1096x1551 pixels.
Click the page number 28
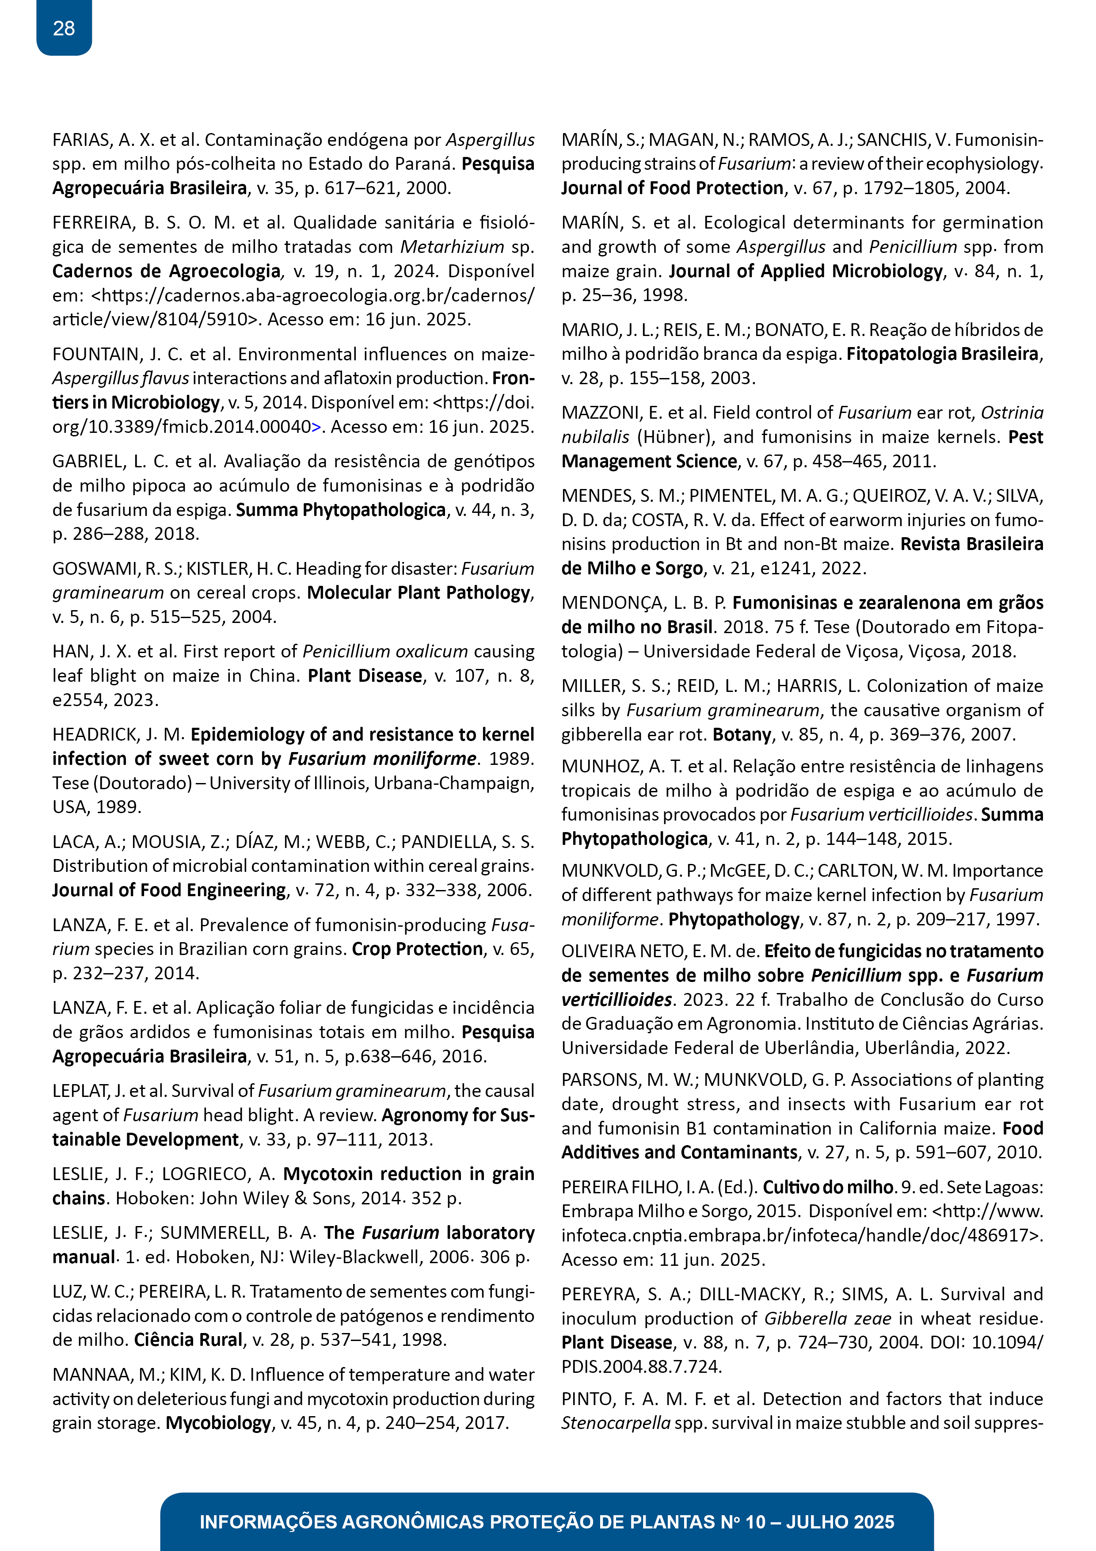pos(64,28)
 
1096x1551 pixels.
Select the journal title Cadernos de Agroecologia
pos(166,271)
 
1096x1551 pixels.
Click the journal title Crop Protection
pos(417,949)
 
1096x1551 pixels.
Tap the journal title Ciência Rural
pos(188,1340)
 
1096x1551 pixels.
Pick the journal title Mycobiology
pos(218,1423)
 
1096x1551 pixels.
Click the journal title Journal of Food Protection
pos(672,188)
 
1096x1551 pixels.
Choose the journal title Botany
pos(742,734)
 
